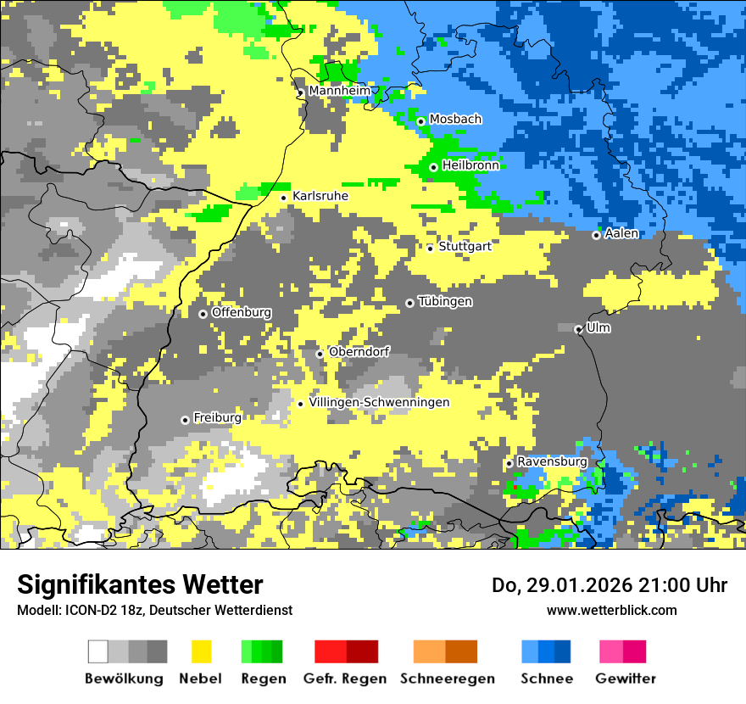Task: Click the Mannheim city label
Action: (x=339, y=91)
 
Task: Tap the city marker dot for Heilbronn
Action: (x=433, y=167)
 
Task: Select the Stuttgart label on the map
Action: (x=465, y=247)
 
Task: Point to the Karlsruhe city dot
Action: (x=284, y=198)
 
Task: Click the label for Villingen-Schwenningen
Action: (x=379, y=403)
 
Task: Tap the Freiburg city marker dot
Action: (x=185, y=420)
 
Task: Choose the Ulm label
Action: (x=598, y=328)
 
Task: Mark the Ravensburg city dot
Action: (x=509, y=463)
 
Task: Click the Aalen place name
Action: (x=621, y=234)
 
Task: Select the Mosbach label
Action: (x=455, y=120)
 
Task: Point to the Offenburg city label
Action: (x=241, y=313)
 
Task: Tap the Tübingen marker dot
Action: (x=410, y=303)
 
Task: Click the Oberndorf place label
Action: (x=359, y=352)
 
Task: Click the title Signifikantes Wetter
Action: (x=140, y=584)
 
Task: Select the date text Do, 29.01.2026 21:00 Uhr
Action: (x=610, y=585)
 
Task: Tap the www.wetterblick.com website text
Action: (x=611, y=611)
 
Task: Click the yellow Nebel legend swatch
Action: (x=202, y=651)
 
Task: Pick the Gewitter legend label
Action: (x=626, y=679)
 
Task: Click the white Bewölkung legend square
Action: (x=98, y=651)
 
